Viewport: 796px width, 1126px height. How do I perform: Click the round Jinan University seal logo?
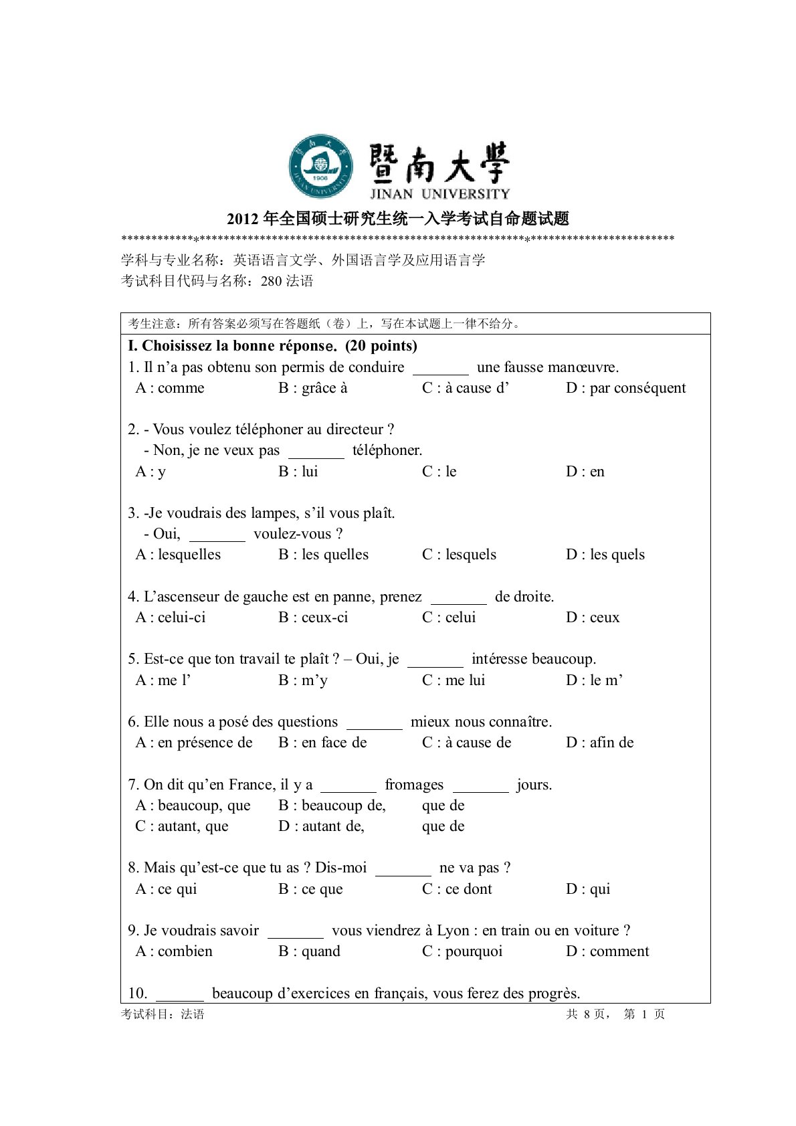tap(321, 166)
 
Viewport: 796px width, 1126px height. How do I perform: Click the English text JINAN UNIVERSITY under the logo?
tap(439, 194)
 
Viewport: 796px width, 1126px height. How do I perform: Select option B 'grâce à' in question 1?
tap(313, 388)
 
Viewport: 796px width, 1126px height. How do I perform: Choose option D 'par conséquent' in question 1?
tap(626, 388)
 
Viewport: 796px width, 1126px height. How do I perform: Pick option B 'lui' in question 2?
tap(298, 472)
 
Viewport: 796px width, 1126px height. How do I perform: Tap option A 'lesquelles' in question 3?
tap(178, 555)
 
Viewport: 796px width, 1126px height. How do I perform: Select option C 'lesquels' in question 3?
tap(460, 555)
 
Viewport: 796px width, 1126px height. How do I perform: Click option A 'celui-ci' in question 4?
tap(171, 618)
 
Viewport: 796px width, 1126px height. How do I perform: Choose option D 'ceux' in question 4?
tap(593, 618)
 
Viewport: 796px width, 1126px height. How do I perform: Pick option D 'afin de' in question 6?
tap(600, 743)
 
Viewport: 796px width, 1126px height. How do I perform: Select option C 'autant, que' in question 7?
tap(182, 826)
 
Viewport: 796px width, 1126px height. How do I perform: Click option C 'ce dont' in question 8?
tap(457, 889)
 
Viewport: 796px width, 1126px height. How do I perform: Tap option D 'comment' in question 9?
tap(607, 951)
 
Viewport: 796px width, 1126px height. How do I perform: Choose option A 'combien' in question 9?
tap(174, 951)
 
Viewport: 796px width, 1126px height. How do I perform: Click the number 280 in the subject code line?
tap(272, 282)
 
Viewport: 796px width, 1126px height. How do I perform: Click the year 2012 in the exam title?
tap(242, 219)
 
